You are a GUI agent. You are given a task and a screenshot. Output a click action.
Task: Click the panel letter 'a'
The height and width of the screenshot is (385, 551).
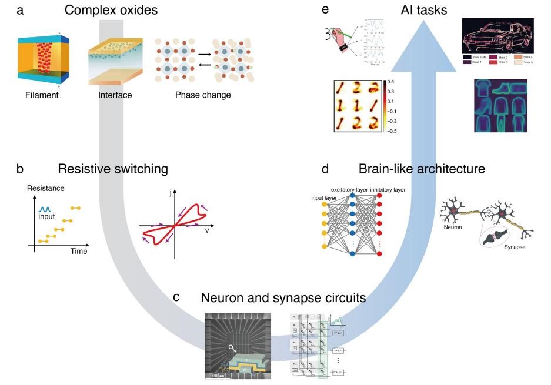(x=20, y=10)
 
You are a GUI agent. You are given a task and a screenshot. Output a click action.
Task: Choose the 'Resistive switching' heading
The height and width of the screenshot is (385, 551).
(x=113, y=169)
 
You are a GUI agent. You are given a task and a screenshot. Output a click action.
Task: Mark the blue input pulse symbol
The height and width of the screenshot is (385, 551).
(x=46, y=209)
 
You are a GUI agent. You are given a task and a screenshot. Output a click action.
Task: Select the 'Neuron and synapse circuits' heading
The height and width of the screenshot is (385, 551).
(x=283, y=298)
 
